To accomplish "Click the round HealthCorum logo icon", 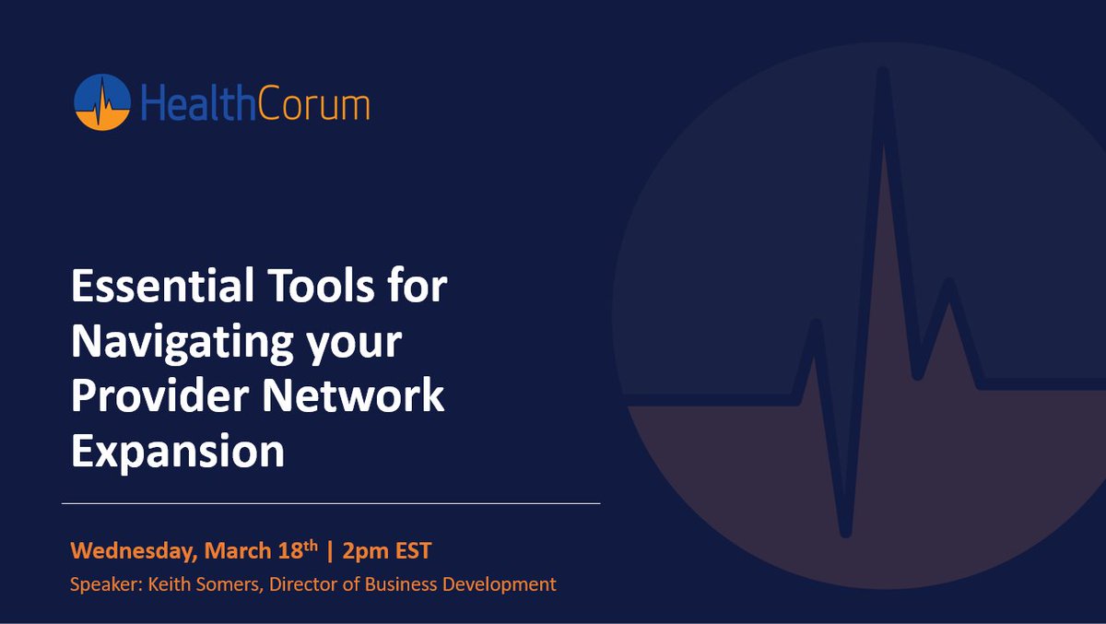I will [102, 102].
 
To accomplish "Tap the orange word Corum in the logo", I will [311, 103].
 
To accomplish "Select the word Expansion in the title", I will [178, 452].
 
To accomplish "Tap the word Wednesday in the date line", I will [134, 552].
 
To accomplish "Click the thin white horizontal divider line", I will [331, 503].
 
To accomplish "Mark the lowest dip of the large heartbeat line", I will [845, 530].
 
